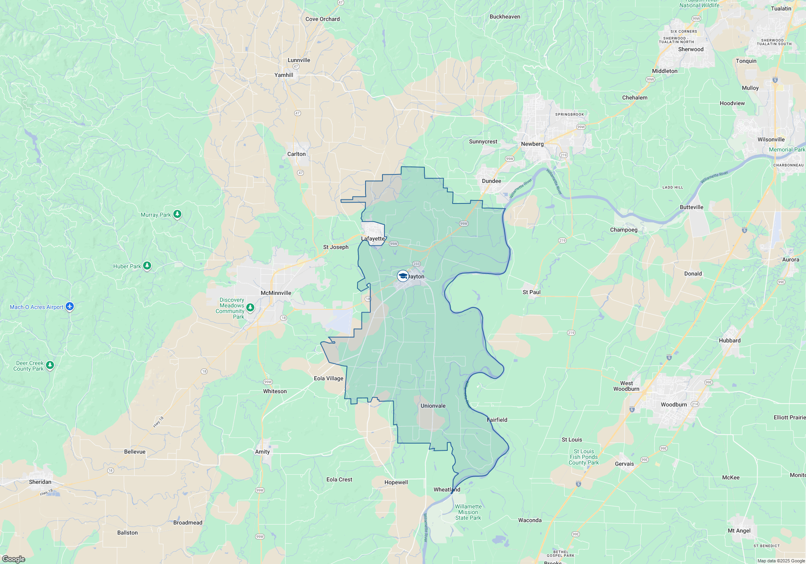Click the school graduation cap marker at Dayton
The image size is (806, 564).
point(403,276)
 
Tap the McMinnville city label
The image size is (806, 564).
point(276,293)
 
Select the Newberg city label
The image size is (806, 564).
point(532,144)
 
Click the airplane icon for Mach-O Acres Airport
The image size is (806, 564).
point(70,307)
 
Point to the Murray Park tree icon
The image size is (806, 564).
point(177,214)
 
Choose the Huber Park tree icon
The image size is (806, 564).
point(147,265)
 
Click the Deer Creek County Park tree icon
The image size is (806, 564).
point(50,365)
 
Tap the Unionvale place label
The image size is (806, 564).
point(433,406)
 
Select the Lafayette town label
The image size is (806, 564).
point(373,238)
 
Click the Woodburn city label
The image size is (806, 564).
point(673,404)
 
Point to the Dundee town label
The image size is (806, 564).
point(491,181)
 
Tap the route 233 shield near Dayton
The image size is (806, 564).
point(416,264)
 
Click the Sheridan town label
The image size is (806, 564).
point(40,482)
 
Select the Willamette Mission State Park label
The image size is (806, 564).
point(468,512)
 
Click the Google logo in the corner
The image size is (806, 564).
point(13,559)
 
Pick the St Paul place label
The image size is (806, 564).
point(531,292)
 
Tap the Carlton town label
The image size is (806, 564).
point(296,154)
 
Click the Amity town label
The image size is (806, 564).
point(262,452)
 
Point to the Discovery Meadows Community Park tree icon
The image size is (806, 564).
point(250,308)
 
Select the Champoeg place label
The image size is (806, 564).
point(623,230)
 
